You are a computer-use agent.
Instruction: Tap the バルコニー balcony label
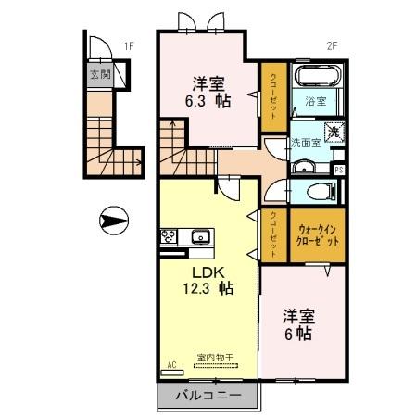pyautogui.click(x=208, y=397)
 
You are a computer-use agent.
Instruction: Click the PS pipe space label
pyautogui.click(x=339, y=170)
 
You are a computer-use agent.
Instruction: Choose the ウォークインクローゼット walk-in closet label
pyautogui.click(x=317, y=234)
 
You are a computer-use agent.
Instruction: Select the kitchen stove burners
pyautogui.click(x=170, y=236)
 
